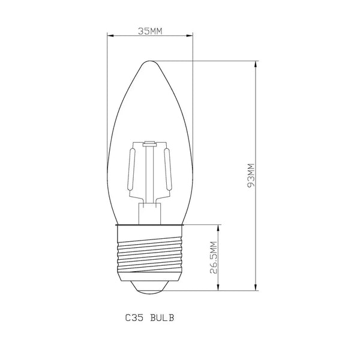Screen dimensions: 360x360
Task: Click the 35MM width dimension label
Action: (150, 31)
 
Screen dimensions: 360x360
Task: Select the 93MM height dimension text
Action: (251, 176)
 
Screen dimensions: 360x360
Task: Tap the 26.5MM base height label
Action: (214, 258)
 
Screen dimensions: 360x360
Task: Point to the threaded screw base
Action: (150, 255)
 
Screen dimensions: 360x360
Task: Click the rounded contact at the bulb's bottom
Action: (150, 287)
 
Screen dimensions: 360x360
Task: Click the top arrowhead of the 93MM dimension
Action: (257, 63)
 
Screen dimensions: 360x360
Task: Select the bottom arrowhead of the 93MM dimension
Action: (257, 289)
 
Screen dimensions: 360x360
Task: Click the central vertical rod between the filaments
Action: (150, 174)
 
